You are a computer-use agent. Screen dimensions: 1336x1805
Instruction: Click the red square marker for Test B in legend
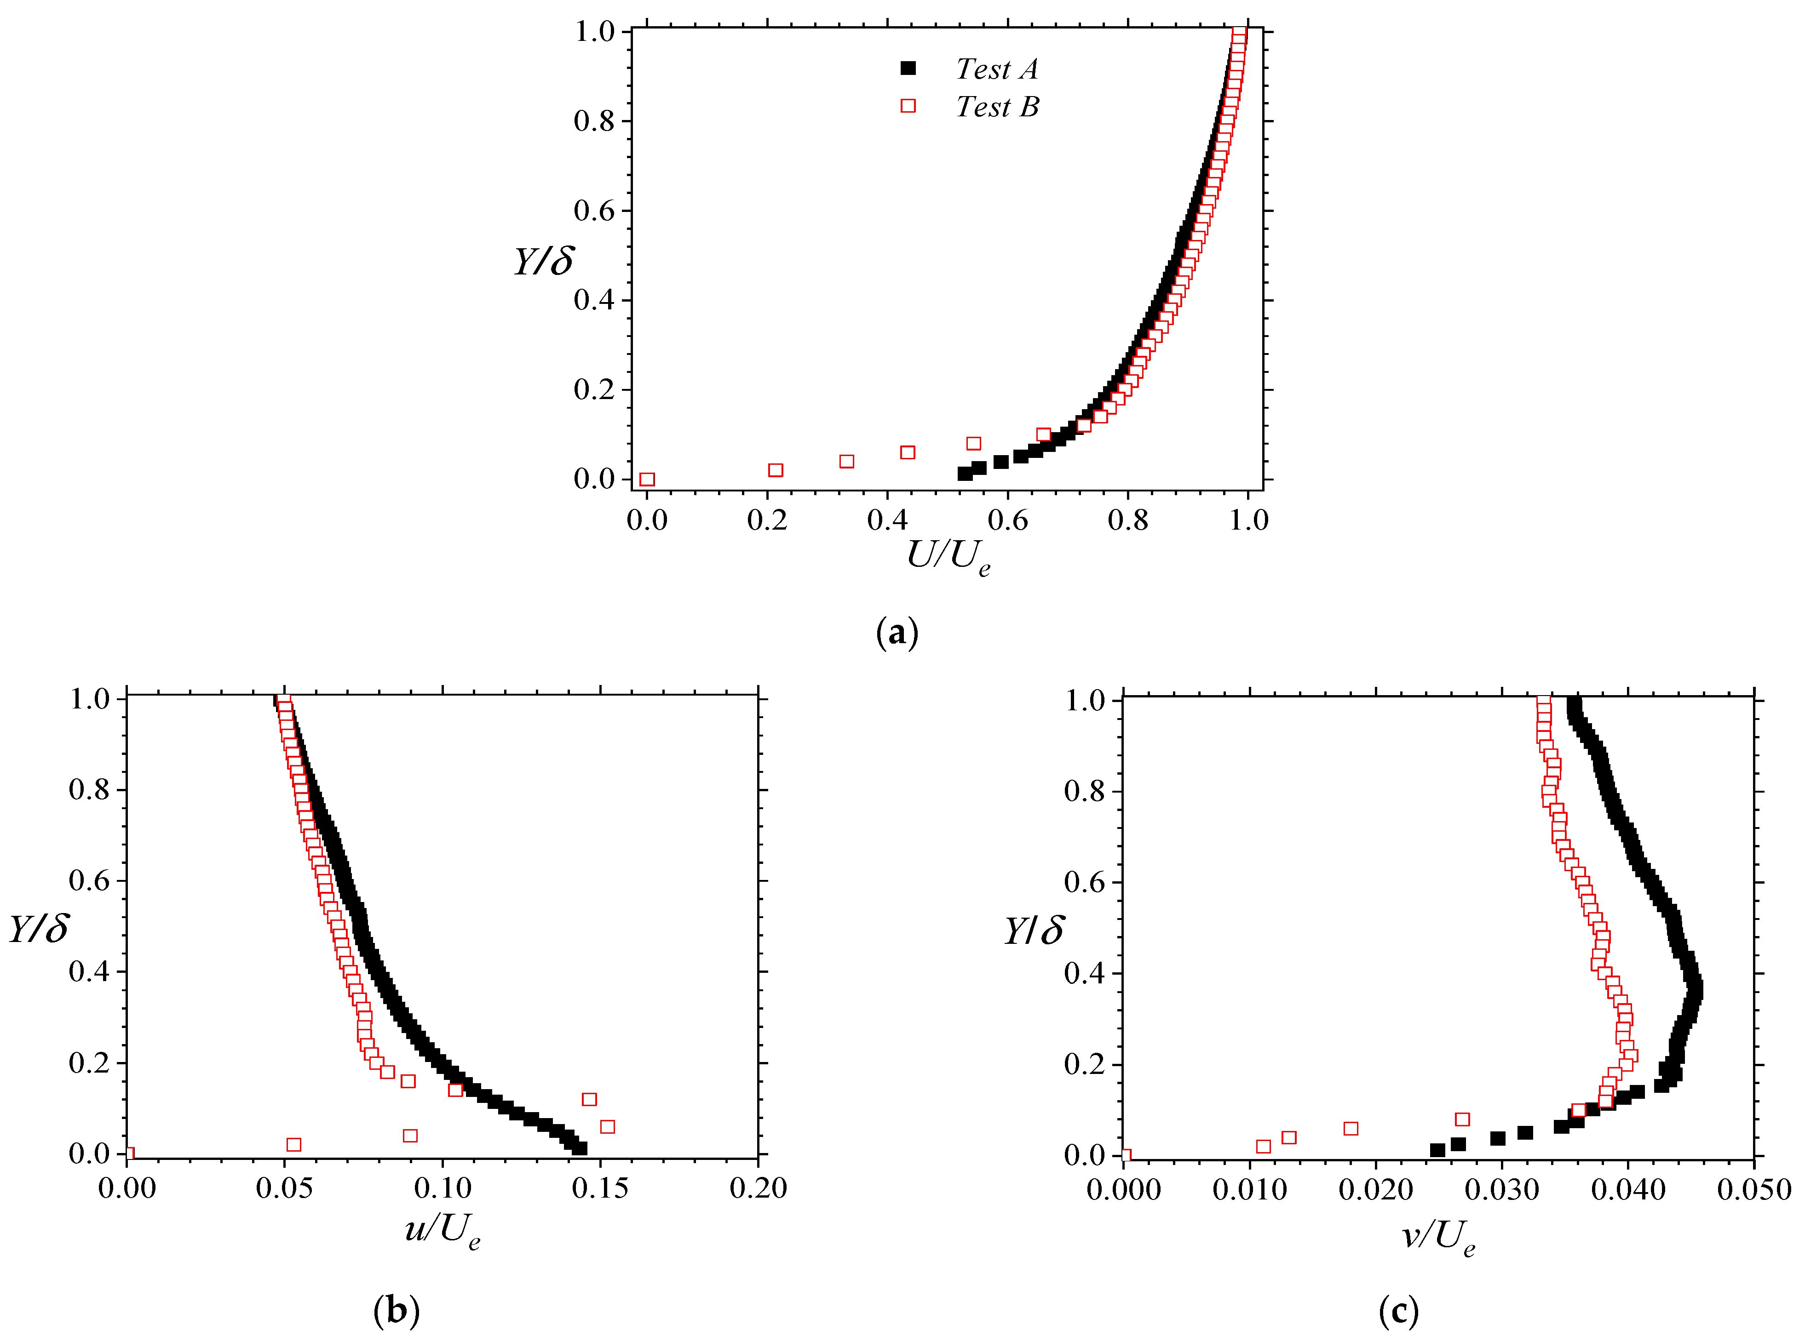[x=908, y=106]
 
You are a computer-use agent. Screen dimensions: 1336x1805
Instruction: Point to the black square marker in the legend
[x=908, y=69]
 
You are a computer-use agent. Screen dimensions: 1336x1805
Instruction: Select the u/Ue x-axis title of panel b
[x=442, y=1230]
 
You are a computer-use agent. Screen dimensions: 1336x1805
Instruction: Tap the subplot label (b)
[x=397, y=1309]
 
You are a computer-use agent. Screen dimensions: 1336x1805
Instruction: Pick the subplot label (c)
[x=1398, y=1309]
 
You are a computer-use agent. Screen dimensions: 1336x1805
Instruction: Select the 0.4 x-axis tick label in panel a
[x=887, y=520]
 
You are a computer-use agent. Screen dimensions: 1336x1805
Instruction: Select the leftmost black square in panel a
[x=965, y=473]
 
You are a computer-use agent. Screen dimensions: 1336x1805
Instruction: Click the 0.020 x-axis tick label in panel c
[x=1375, y=1190]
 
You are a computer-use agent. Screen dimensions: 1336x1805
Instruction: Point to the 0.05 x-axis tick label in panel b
[x=284, y=1188]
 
